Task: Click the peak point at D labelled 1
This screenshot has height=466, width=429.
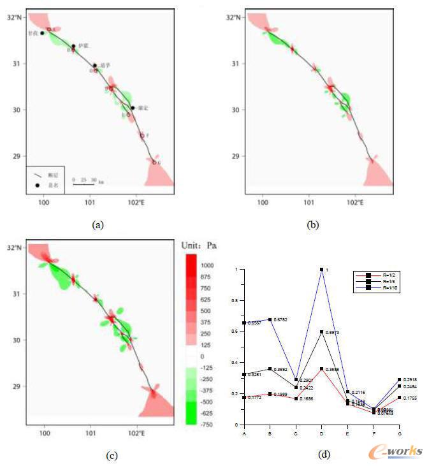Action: click(x=322, y=270)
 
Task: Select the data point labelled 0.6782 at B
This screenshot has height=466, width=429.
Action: click(x=270, y=319)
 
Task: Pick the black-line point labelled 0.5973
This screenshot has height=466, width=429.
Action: click(x=322, y=331)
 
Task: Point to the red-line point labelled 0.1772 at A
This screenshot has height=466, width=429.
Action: click(x=244, y=397)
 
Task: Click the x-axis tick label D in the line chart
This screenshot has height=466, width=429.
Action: click(x=322, y=433)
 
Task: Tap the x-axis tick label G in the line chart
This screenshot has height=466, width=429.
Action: click(x=400, y=433)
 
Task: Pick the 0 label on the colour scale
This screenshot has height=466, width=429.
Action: click(x=202, y=356)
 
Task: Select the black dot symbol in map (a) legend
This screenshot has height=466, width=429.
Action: click(x=37, y=185)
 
